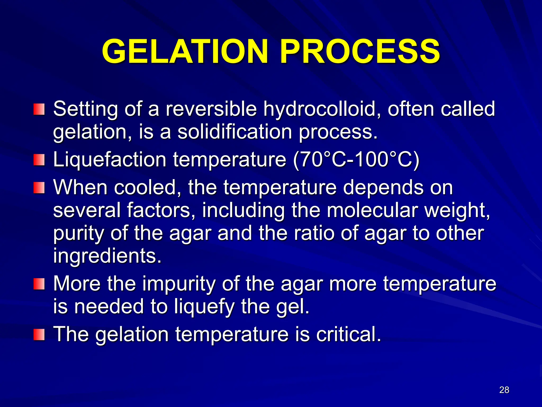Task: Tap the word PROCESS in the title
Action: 360,51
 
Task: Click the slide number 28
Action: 504,390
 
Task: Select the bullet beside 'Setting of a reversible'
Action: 39,109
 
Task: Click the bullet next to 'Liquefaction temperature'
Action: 39,160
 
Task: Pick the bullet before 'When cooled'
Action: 39,188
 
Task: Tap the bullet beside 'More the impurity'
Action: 39,284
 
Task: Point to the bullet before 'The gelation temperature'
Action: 39,335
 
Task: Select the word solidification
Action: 235,132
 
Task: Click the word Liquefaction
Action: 110,160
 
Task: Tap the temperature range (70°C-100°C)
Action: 356,160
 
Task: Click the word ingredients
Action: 107,256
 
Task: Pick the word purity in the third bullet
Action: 78,233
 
